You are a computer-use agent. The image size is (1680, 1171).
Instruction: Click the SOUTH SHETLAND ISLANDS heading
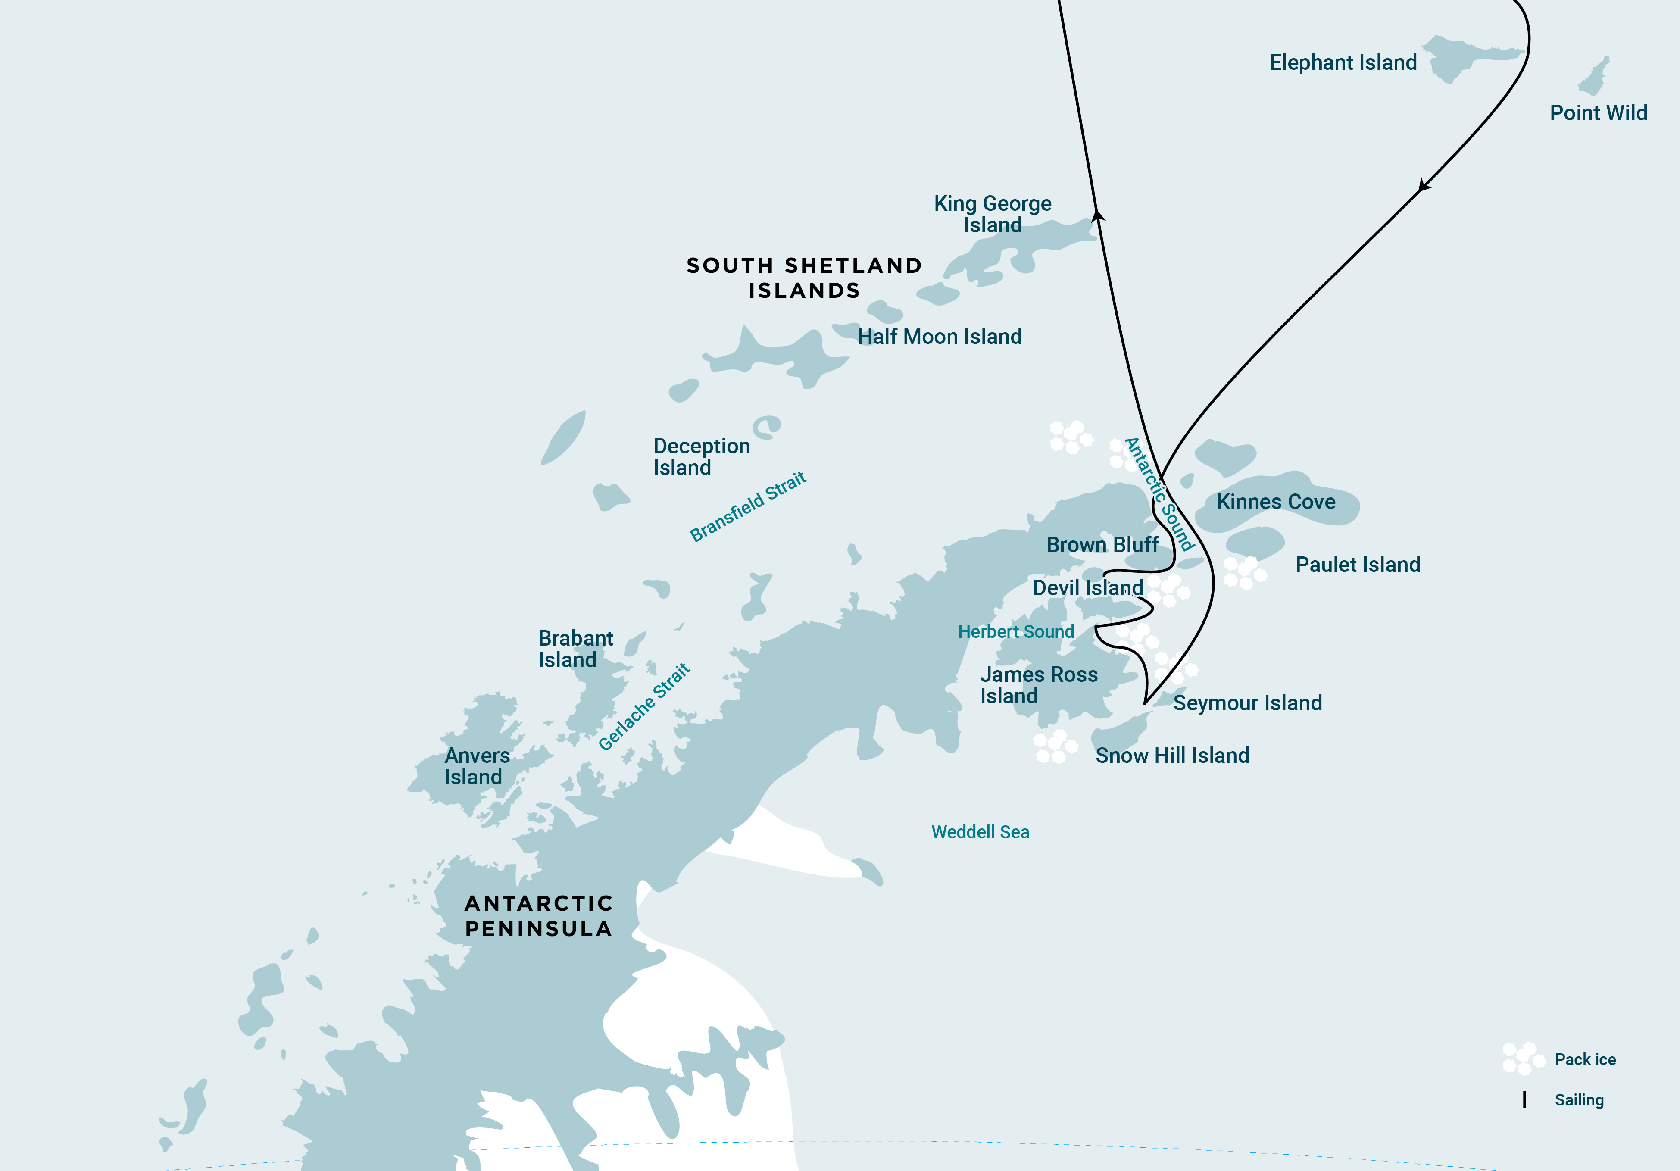(x=804, y=278)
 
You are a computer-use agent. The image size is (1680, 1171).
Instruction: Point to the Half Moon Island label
(x=940, y=337)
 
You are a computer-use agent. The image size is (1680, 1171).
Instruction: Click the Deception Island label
(x=701, y=457)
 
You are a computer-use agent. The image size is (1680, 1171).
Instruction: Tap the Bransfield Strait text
(x=748, y=506)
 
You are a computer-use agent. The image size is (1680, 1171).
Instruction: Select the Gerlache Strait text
(x=644, y=707)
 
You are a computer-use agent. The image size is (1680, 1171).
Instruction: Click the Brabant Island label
(x=575, y=649)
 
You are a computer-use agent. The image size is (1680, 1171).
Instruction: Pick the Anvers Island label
(x=476, y=766)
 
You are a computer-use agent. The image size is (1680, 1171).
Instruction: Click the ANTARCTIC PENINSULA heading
(x=539, y=915)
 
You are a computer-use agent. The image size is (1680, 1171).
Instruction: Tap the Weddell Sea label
(x=980, y=832)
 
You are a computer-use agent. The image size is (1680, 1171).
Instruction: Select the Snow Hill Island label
(x=1172, y=755)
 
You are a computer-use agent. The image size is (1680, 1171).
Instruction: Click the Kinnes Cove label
(x=1275, y=502)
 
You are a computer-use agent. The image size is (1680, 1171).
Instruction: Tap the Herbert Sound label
(x=1015, y=631)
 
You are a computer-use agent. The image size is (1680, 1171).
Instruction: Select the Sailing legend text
(x=1579, y=1100)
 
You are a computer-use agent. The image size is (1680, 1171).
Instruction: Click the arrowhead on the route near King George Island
(x=1098, y=215)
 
